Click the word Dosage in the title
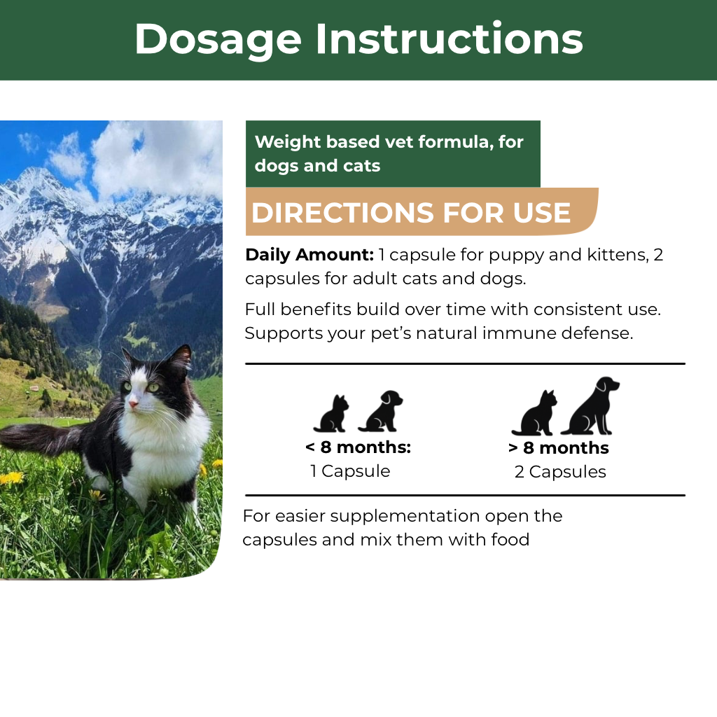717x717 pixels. coord(218,40)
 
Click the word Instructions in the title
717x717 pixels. coord(449,39)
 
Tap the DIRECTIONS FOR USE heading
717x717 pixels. coord(410,213)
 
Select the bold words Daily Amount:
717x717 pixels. coord(309,255)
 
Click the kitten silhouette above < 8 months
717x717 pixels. coord(331,414)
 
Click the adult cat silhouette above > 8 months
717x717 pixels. coord(534,413)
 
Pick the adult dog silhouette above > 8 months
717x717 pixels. coord(591,405)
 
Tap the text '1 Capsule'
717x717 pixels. coord(350,471)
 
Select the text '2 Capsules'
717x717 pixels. coord(560,472)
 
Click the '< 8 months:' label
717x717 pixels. coord(358,447)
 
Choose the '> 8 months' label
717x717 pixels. coord(558,448)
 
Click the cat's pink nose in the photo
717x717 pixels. coord(133,404)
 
